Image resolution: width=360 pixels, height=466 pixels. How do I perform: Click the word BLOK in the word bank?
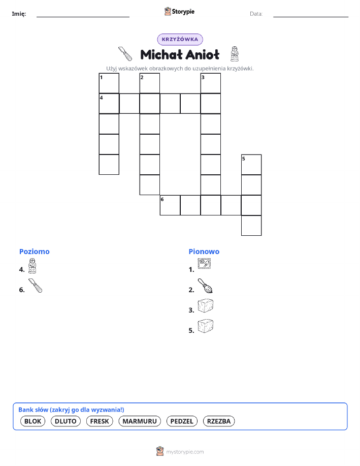[32, 421]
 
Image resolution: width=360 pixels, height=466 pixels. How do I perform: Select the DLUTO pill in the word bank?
[66, 421]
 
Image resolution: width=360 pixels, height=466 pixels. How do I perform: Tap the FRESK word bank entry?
[100, 421]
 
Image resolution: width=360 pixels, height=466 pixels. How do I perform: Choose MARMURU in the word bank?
[140, 421]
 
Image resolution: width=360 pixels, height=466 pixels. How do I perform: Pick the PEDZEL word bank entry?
[182, 421]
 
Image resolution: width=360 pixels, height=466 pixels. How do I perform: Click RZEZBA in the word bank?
[219, 421]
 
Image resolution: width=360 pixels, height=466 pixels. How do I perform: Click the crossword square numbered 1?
[109, 83]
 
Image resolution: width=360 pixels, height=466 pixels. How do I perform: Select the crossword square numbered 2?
[150, 83]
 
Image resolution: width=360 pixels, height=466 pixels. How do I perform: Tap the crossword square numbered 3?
[211, 83]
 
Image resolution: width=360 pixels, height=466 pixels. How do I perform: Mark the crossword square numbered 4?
[109, 104]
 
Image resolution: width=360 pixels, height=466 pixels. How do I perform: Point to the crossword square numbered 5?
[251, 165]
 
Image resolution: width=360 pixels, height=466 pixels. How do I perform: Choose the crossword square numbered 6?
[170, 205]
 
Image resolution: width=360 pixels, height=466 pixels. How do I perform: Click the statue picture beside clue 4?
[32, 266]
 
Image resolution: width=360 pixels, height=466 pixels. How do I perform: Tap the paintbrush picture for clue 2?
[205, 286]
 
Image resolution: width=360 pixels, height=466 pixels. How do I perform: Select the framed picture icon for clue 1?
[204, 263]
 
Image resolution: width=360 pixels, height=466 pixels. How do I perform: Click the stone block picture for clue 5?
[206, 326]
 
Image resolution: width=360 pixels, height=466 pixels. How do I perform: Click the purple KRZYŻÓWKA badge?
[180, 39]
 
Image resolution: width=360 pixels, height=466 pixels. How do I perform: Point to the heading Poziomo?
[35, 252]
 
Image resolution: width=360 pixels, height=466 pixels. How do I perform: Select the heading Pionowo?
[204, 252]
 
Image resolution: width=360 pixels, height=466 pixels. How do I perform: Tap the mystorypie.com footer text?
[185, 452]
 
